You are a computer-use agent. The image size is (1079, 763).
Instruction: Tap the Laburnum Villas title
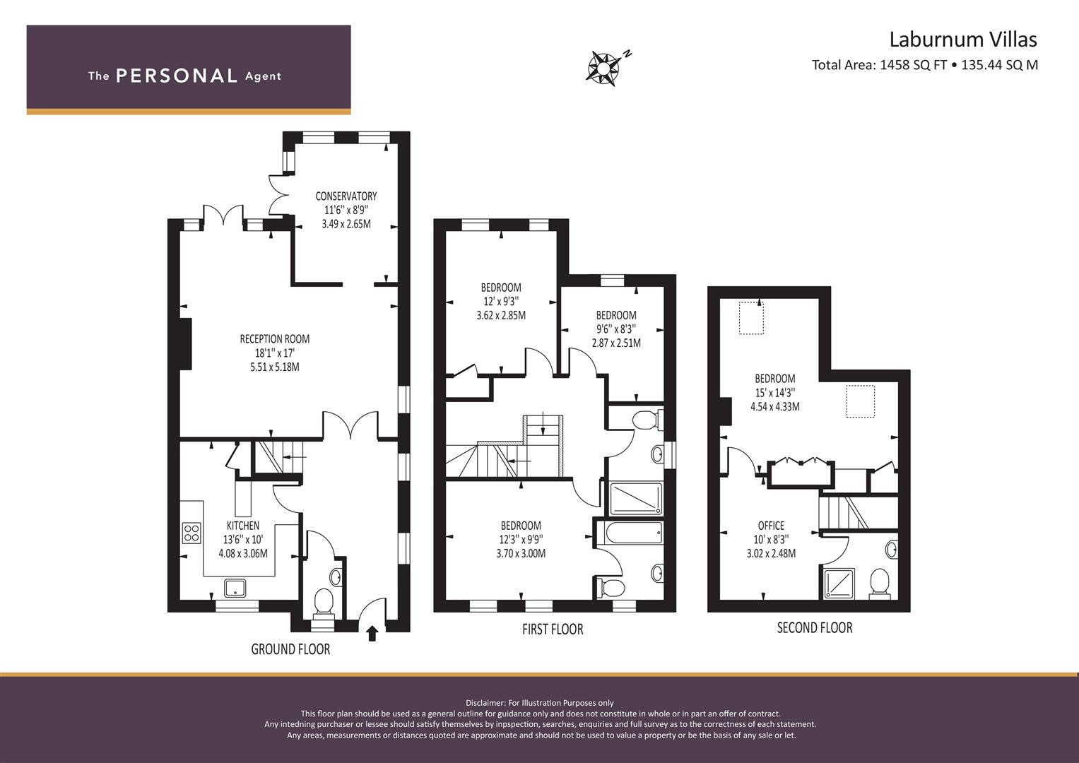(x=963, y=40)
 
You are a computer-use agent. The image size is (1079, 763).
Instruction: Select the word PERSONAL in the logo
(x=177, y=76)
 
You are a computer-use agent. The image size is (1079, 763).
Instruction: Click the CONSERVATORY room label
(x=346, y=196)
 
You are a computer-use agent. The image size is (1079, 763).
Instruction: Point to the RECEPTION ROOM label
(x=275, y=338)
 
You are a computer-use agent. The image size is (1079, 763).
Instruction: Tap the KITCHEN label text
(x=243, y=526)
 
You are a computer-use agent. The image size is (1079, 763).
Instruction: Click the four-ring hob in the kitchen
(x=191, y=533)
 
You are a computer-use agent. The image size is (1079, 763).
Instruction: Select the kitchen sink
(x=235, y=588)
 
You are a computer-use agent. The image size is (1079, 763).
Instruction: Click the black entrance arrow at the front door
(x=372, y=633)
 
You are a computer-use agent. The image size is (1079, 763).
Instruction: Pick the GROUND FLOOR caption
(x=290, y=649)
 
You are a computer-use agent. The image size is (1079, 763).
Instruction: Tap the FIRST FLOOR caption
(x=553, y=629)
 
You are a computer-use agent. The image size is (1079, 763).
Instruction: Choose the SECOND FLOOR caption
(x=815, y=627)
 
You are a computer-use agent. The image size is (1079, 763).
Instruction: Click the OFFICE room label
(x=771, y=526)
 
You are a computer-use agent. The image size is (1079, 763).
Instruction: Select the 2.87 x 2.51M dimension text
(x=616, y=343)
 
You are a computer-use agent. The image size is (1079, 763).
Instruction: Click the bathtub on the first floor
(x=634, y=533)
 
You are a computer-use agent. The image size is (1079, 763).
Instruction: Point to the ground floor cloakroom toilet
(x=324, y=604)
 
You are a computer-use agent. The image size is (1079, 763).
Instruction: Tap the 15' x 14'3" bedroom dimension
(x=775, y=393)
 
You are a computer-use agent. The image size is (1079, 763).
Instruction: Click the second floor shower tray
(x=839, y=584)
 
